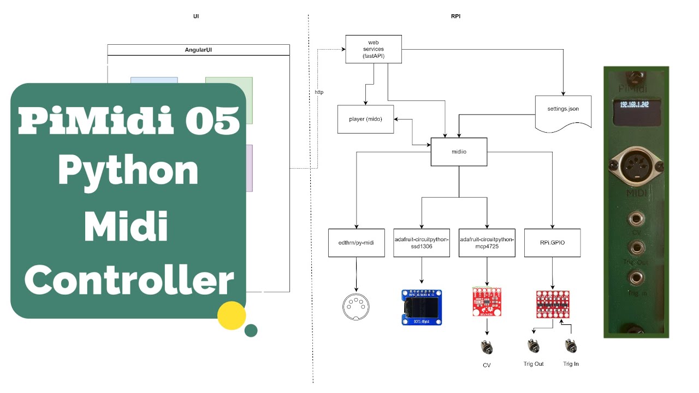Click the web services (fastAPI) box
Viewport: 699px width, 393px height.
click(x=374, y=49)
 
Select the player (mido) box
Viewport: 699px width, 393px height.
click(x=365, y=119)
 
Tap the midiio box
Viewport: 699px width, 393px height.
click(x=459, y=152)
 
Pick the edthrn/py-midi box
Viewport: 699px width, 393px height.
click(x=356, y=242)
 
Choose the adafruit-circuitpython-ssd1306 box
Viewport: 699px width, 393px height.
click(x=421, y=242)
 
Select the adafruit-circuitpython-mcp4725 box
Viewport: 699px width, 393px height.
click(x=487, y=242)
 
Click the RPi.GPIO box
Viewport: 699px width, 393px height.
click(x=552, y=242)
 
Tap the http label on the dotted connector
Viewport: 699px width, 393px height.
click(x=319, y=92)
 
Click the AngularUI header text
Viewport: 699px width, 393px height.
click(x=198, y=50)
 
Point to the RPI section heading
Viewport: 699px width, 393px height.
click(x=455, y=16)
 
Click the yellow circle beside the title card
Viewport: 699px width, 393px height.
click(x=231, y=315)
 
